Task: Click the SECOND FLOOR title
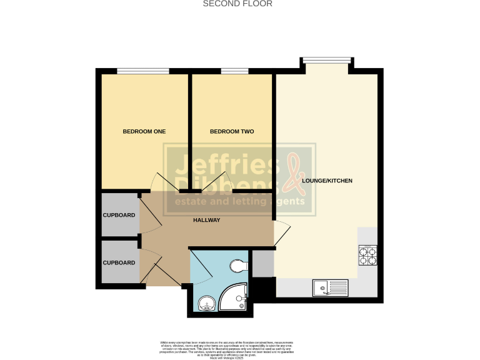pos(238,4)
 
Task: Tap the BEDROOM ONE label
pos(144,131)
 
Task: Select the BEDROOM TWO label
pos(232,131)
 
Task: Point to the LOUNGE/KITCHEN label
pos(327,181)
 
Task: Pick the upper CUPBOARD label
pos(119,215)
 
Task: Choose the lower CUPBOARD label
pos(119,262)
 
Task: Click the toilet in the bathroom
pos(238,267)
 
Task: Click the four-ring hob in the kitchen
pos(366,255)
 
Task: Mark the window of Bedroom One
pos(143,71)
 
